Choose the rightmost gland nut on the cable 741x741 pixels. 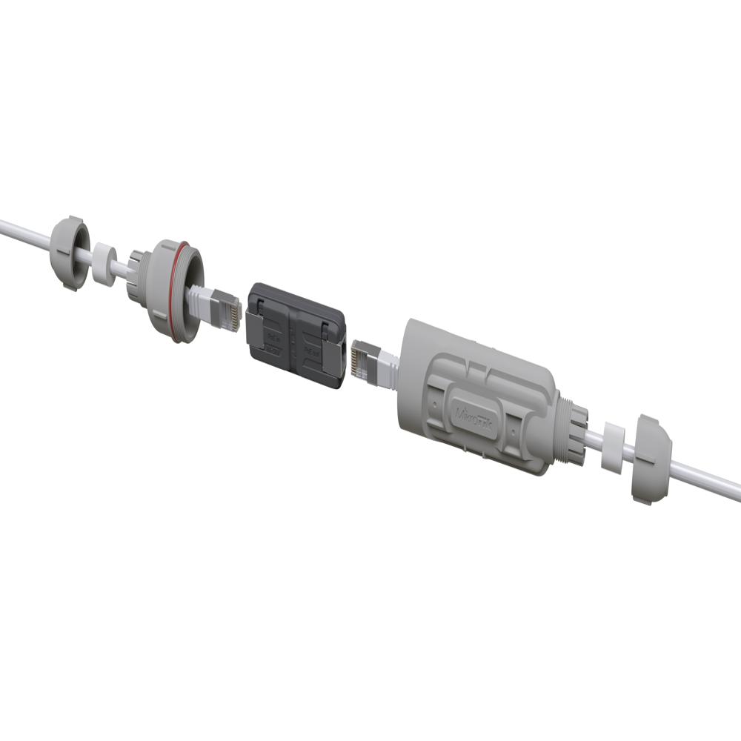pyautogui.click(x=649, y=459)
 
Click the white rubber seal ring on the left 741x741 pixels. pyautogui.click(x=104, y=262)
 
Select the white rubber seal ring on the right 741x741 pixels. pyautogui.click(x=612, y=447)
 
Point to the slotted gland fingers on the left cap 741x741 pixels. pyautogui.click(x=135, y=276)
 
